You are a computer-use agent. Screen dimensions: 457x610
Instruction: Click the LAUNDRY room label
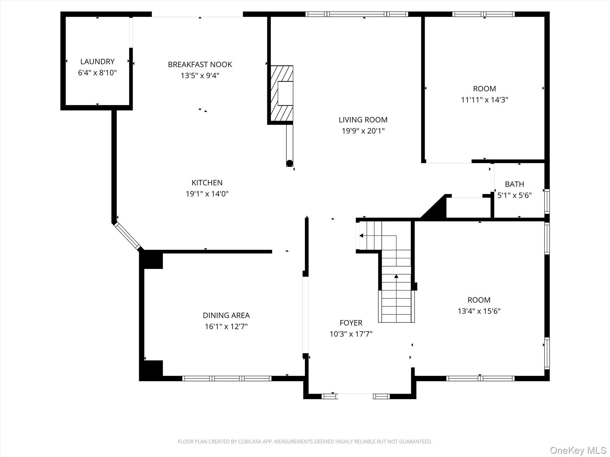(97, 62)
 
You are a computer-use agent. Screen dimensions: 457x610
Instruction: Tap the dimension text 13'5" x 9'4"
(200, 76)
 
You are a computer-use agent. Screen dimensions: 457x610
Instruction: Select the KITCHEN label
(207, 182)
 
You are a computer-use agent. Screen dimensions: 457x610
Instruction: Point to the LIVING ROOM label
(363, 120)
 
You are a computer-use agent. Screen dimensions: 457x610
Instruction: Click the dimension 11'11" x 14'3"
(484, 100)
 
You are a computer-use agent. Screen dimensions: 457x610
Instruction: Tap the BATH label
(514, 184)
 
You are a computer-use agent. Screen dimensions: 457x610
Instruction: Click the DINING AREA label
(226, 315)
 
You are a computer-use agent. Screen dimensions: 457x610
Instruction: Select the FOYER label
(351, 323)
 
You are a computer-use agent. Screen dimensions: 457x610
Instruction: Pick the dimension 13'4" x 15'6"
(479, 311)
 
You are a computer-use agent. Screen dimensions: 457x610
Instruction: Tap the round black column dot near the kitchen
(290, 163)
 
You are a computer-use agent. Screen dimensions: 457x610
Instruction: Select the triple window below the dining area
(227, 378)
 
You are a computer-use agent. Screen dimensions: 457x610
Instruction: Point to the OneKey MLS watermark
(578, 450)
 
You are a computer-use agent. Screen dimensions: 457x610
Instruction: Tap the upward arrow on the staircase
(396, 276)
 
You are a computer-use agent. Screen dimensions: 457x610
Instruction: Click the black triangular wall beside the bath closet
(435, 208)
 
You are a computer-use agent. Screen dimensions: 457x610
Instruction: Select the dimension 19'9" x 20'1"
(363, 131)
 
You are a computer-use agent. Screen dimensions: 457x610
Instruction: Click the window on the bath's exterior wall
(547, 201)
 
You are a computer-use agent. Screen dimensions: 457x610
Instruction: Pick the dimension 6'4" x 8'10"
(97, 73)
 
